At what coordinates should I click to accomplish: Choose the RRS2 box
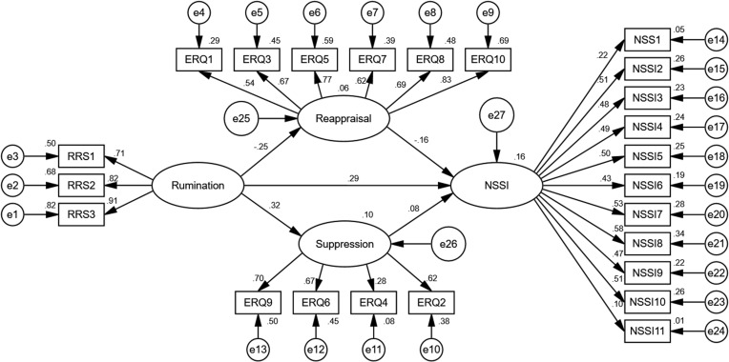tap(81, 186)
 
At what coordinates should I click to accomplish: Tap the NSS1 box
tap(647, 40)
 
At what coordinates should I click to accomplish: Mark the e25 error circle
tap(241, 118)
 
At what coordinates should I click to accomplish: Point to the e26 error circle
tap(448, 243)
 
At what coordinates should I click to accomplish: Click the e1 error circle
tap(12, 215)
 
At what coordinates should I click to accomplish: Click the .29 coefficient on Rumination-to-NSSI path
tap(347, 178)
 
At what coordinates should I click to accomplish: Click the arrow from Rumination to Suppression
tap(270, 215)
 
